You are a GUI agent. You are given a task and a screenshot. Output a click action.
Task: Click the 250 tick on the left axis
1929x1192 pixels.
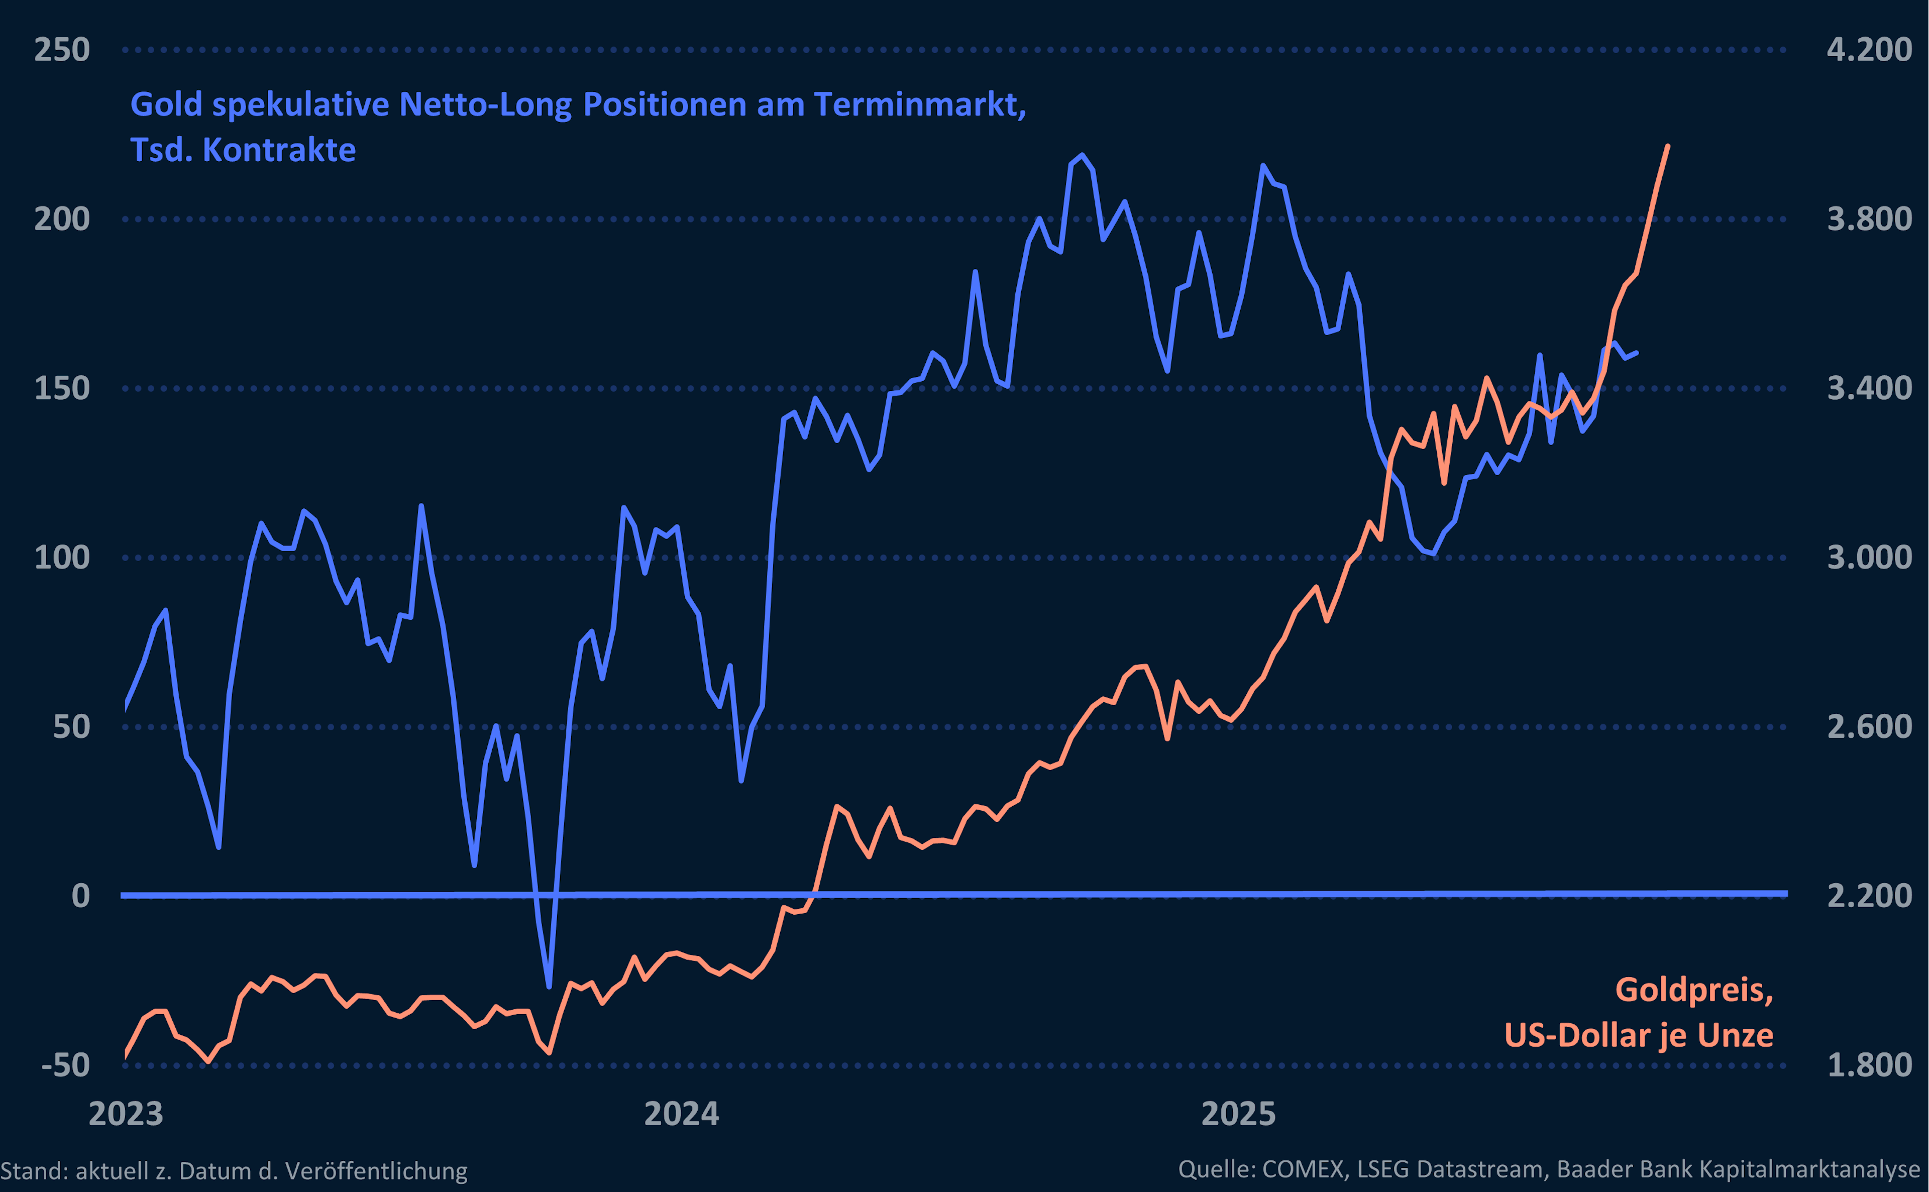point(61,50)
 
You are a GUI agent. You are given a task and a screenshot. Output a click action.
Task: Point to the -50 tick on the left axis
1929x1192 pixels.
point(65,1065)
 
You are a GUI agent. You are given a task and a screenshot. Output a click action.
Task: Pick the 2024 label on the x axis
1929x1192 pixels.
point(681,1114)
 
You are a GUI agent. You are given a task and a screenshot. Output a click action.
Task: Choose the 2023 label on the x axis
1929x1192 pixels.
point(126,1114)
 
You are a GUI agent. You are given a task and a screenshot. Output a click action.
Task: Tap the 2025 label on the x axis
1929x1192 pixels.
point(1238,1114)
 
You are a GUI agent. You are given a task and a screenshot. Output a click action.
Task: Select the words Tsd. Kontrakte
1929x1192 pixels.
point(243,150)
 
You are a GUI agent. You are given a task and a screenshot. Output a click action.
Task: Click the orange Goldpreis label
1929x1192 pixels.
point(1693,990)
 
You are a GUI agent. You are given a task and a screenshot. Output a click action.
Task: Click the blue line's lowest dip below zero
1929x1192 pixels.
point(549,986)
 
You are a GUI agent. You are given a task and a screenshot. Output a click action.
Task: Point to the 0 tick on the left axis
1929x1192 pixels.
point(80,896)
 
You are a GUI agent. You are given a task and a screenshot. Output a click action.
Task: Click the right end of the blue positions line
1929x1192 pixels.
point(1637,353)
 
